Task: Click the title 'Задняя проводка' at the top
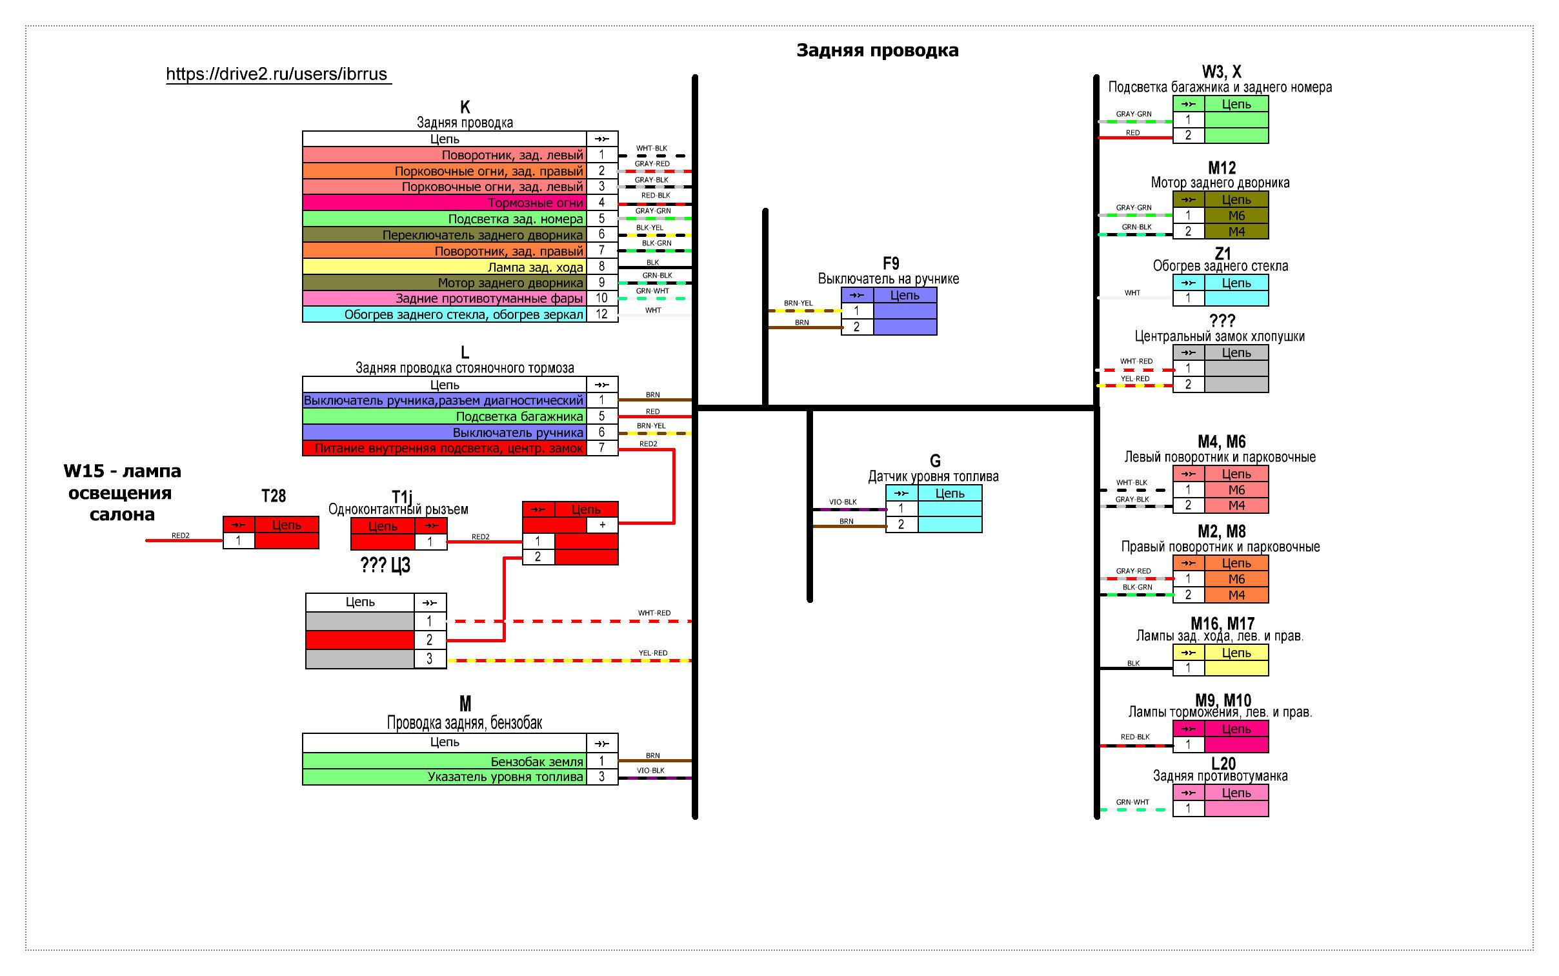[877, 50]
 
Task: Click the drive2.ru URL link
[277, 74]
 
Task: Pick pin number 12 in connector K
[601, 314]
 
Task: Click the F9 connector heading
[890, 263]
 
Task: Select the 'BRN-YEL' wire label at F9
[798, 303]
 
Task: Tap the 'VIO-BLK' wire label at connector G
[843, 502]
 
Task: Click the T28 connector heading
[274, 496]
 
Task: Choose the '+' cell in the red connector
[602, 525]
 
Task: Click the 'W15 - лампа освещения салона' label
[122, 493]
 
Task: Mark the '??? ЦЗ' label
[385, 565]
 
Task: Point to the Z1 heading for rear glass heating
[1222, 253]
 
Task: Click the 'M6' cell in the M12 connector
[1236, 216]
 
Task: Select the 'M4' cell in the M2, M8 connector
[1236, 595]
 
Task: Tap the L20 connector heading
[1223, 763]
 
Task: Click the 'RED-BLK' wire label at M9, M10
[1135, 737]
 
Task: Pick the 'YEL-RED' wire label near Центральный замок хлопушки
[1134, 378]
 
